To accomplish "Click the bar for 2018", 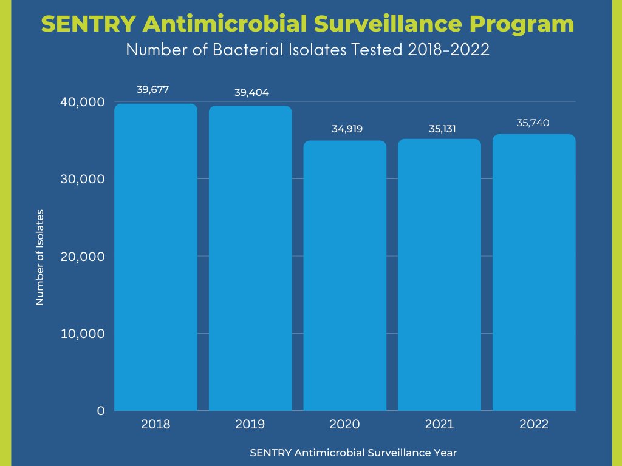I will (155, 257).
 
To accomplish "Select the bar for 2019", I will (250, 258).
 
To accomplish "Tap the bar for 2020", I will (344, 276).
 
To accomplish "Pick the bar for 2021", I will (439, 275).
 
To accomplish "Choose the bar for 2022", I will (534, 272).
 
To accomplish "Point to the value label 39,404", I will (251, 93).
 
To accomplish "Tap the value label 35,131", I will (439, 129).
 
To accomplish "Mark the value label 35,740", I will (533, 123).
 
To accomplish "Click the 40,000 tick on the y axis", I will (83, 102).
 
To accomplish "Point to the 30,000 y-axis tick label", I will (83, 179).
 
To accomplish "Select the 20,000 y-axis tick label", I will (83, 256).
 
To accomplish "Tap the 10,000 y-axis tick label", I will (83, 334).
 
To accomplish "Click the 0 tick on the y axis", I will (101, 411).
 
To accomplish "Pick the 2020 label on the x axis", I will (344, 424).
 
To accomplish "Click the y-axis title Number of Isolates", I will (40, 257).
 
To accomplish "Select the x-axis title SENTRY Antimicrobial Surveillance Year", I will (353, 453).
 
